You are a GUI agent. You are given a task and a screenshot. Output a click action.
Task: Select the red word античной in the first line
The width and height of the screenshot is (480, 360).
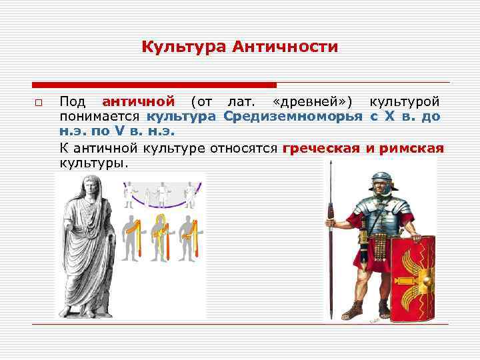coord(139,102)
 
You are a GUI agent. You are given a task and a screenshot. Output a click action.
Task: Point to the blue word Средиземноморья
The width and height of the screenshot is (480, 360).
coord(293,117)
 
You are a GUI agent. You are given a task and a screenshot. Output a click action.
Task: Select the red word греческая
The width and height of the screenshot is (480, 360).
coord(321,148)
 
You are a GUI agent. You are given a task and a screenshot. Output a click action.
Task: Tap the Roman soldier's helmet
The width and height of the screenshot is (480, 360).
coord(381,180)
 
